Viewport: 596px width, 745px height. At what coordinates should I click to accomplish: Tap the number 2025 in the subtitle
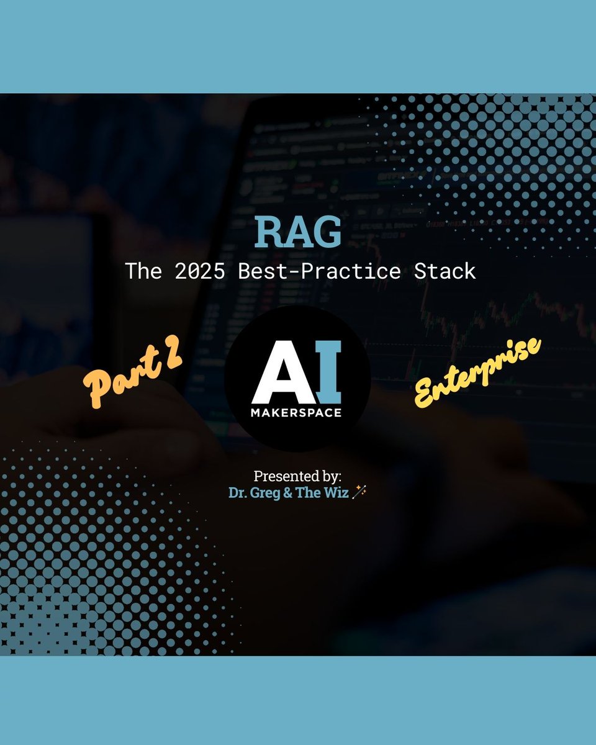(192, 271)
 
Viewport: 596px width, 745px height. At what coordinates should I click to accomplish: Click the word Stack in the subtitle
(445, 271)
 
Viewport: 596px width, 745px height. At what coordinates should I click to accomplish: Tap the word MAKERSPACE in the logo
(297, 413)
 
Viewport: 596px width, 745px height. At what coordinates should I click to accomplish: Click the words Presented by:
(297, 476)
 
